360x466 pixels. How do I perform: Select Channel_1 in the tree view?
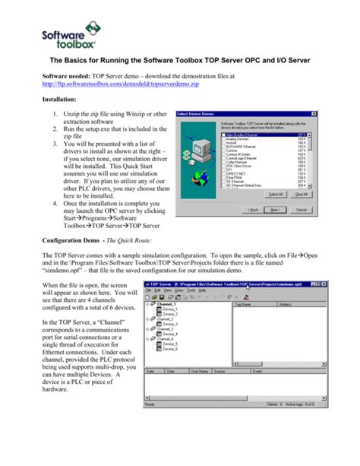166,303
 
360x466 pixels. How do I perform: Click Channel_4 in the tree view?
166,338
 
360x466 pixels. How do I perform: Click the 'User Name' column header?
200,372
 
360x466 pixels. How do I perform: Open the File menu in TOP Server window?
148,290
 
